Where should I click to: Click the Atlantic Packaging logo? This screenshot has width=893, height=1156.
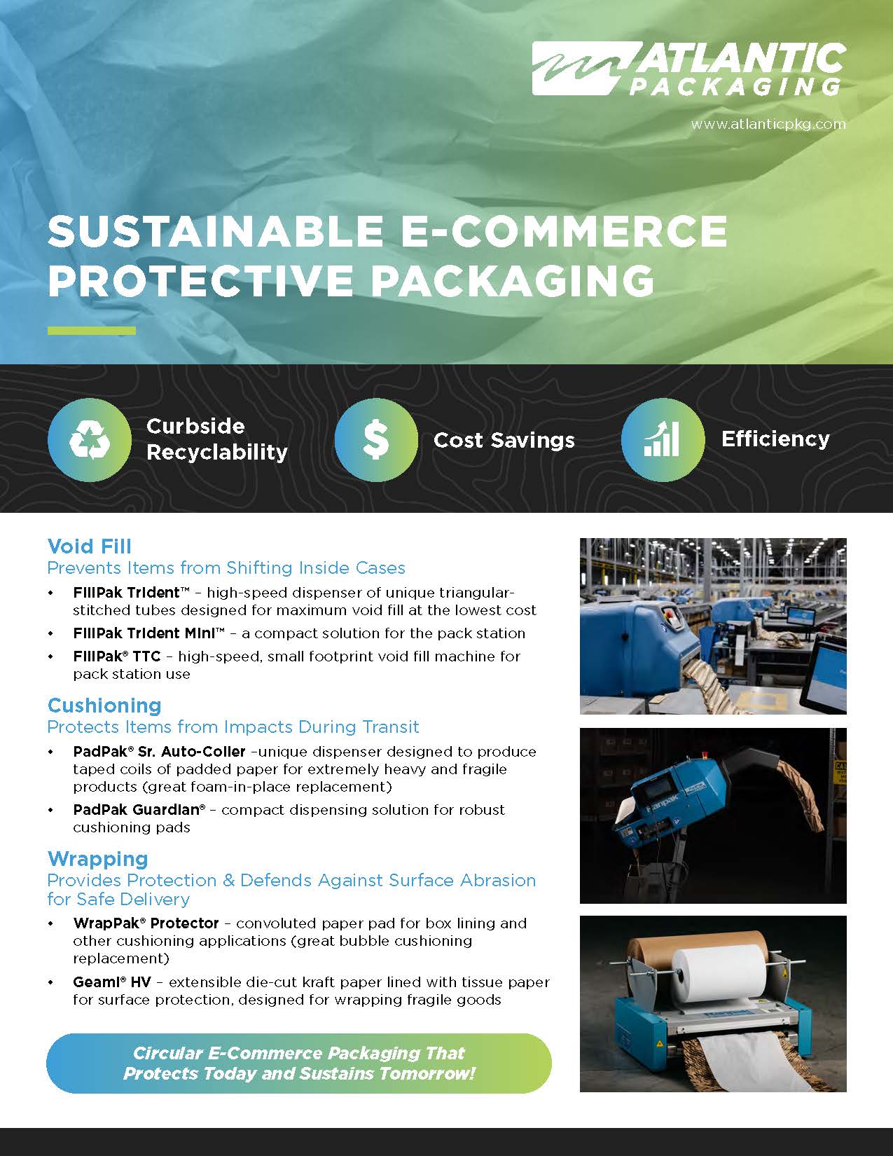coord(689,69)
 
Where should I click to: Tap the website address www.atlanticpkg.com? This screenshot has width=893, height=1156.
coord(768,125)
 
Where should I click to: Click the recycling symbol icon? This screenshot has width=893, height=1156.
coord(90,440)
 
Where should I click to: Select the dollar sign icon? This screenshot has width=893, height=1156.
coord(375,440)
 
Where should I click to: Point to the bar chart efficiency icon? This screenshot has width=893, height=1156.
coord(662,440)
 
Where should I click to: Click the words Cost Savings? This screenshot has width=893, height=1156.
coord(504,441)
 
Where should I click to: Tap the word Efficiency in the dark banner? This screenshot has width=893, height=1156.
coord(775,439)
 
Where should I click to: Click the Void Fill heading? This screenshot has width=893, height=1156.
coord(90,546)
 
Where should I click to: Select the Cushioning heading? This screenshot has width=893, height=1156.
coord(104,706)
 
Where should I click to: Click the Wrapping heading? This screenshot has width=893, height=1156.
coord(98,859)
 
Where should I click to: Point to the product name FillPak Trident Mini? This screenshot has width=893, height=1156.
coord(149,633)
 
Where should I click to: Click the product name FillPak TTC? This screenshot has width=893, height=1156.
coord(116,656)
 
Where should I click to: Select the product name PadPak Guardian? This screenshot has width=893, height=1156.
coord(139,810)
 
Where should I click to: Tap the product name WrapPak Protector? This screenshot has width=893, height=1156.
coord(146,923)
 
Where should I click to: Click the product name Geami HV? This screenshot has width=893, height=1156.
coord(111,982)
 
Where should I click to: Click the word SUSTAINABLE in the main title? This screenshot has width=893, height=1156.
coord(216,231)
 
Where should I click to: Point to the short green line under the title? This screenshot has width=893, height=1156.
coord(92,331)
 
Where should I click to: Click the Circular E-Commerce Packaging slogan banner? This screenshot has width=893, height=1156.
coord(299,1064)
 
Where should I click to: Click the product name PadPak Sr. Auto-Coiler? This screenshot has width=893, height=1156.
coord(159,752)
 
